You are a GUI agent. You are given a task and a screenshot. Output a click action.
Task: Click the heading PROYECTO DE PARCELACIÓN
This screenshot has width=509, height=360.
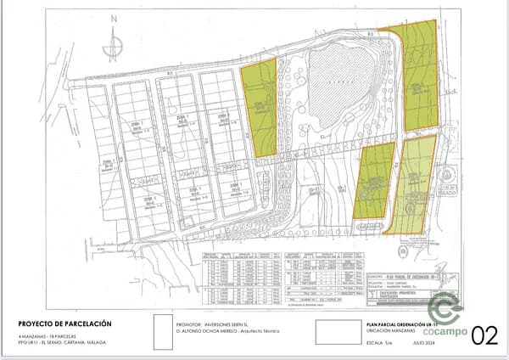(x=64, y=323)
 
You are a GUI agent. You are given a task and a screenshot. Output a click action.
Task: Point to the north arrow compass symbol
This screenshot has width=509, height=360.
(x=113, y=47)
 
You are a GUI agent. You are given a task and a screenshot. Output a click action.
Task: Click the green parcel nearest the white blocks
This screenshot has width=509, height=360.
(x=260, y=106)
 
